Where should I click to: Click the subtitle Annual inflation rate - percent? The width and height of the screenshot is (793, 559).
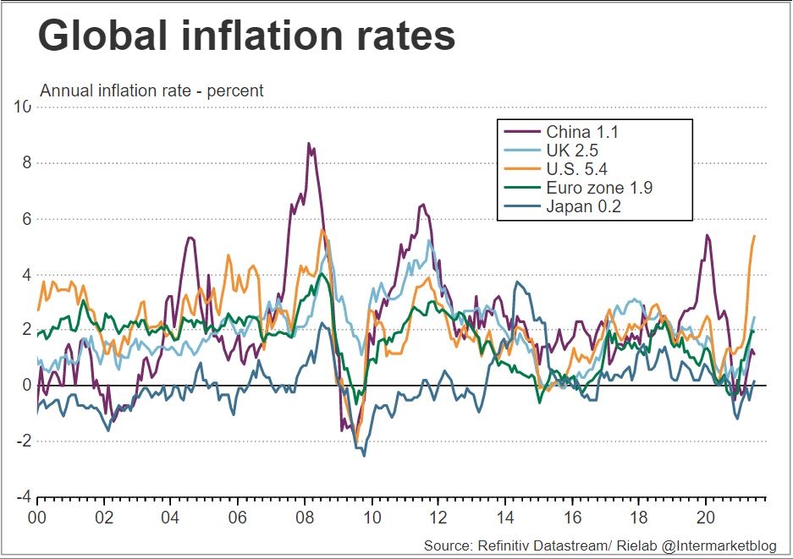(152, 90)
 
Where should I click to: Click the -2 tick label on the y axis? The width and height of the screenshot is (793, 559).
(23, 441)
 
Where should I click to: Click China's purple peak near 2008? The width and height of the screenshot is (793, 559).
(309, 144)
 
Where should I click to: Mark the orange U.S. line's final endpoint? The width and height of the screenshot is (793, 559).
(753, 236)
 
